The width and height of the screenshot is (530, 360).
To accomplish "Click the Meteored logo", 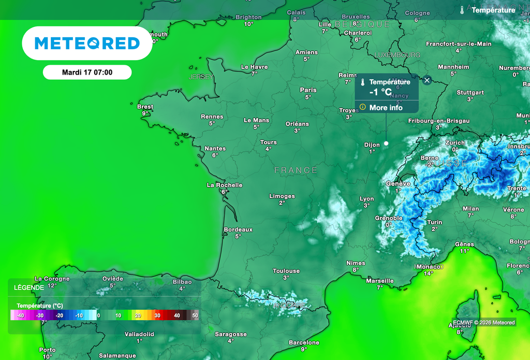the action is click(x=87, y=43).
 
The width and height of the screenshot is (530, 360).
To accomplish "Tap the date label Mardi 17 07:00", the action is click(x=87, y=73).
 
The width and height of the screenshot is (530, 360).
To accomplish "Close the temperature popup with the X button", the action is click(x=427, y=80).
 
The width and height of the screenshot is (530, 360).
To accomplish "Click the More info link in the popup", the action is click(x=386, y=108).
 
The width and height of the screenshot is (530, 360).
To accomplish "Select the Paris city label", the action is click(x=308, y=90).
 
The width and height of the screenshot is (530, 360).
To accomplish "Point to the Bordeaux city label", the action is click(x=238, y=229).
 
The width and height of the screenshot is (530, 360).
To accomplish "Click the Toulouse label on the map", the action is click(x=286, y=271).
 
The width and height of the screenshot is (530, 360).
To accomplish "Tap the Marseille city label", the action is click(x=380, y=281).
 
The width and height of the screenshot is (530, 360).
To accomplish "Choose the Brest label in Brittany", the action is click(x=145, y=107).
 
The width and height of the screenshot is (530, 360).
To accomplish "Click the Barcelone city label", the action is click(x=304, y=342).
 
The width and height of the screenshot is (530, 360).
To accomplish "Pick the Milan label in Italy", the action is click(x=470, y=209).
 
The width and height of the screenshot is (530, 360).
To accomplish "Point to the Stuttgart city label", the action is click(x=470, y=93).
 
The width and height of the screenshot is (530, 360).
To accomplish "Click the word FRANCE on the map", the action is click(x=296, y=170).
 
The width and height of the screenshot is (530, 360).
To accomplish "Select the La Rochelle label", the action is click(x=225, y=185).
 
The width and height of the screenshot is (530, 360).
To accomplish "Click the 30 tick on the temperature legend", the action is click(x=157, y=315).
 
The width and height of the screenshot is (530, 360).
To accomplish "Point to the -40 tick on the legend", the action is click(x=21, y=315).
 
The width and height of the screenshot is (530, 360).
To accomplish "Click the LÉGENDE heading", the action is click(x=29, y=287).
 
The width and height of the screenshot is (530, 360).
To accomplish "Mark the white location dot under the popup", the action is click(x=386, y=144).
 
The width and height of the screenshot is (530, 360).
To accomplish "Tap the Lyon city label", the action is click(x=366, y=199).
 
